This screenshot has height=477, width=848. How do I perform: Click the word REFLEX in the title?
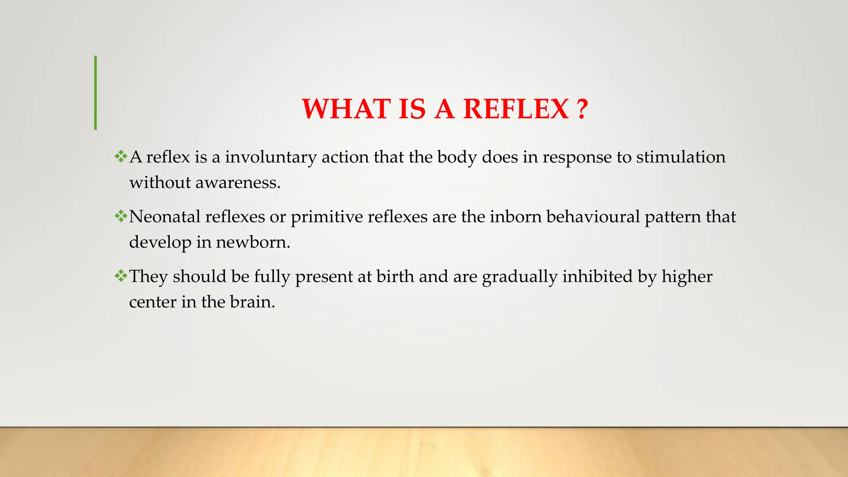click(x=516, y=109)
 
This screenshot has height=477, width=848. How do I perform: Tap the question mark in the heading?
click(x=582, y=109)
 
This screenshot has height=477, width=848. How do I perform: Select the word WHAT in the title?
click(x=346, y=109)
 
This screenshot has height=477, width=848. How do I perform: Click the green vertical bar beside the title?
click(x=96, y=93)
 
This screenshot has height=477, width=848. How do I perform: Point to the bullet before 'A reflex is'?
click(x=121, y=157)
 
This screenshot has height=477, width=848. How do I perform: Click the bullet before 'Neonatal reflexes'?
click(x=121, y=216)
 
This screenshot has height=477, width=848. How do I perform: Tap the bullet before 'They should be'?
click(x=121, y=276)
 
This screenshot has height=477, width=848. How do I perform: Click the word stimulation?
click(x=681, y=157)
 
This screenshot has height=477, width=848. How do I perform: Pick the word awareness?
click(x=238, y=183)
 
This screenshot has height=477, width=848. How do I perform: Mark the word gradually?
click(x=520, y=277)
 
